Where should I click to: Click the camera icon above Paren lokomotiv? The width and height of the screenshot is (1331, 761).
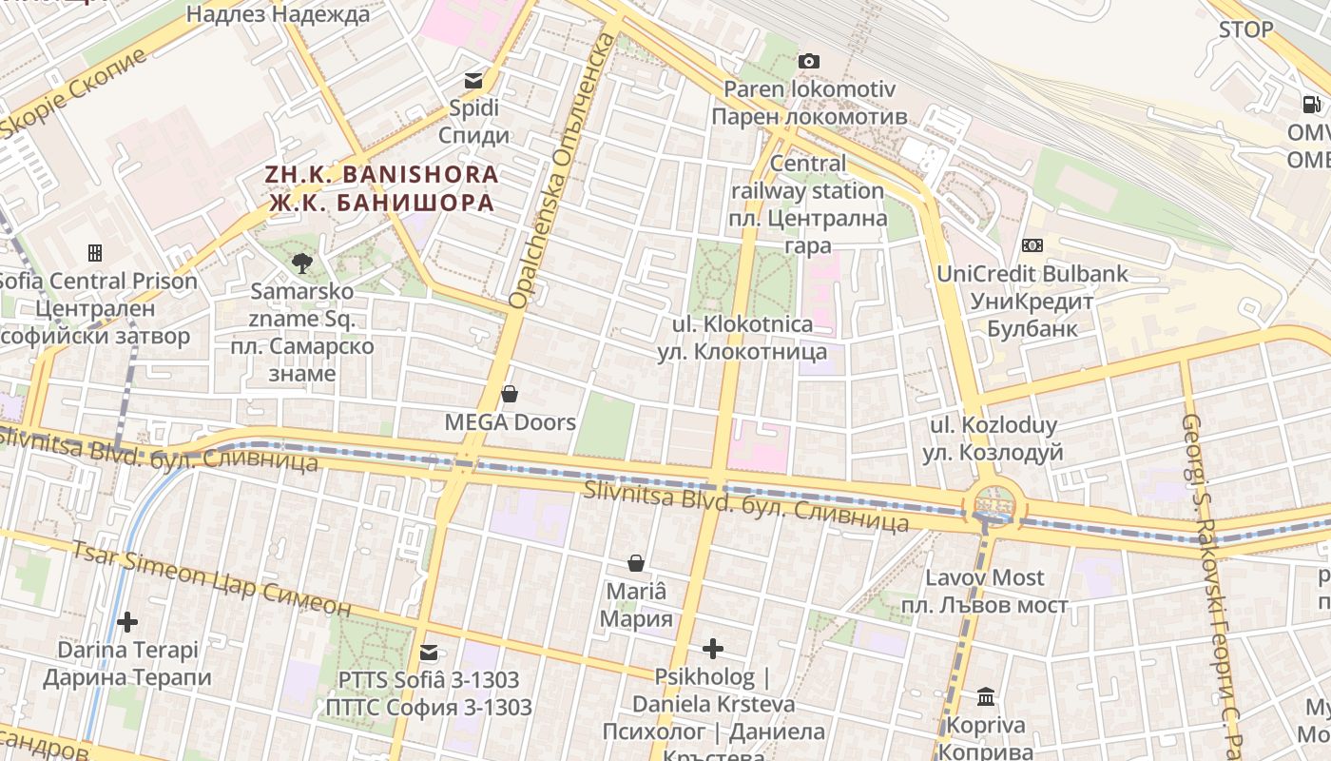click(x=808, y=62)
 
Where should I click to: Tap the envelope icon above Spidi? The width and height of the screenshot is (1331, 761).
click(x=473, y=81)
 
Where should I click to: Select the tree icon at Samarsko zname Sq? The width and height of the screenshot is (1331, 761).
click(x=302, y=263)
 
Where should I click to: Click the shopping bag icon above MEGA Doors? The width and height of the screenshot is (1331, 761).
click(x=510, y=394)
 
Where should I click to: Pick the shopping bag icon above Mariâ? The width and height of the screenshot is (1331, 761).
click(x=635, y=564)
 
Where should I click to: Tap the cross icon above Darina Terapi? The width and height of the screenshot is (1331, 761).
click(x=126, y=623)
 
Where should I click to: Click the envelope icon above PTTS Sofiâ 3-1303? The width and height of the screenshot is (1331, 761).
click(x=429, y=653)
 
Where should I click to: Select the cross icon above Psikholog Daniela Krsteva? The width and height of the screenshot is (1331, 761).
click(x=712, y=650)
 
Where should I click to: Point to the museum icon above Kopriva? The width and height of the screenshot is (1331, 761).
click(x=986, y=697)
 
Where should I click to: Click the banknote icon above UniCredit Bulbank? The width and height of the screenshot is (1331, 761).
click(x=1032, y=245)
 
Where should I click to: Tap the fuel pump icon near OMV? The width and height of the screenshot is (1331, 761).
click(x=1311, y=105)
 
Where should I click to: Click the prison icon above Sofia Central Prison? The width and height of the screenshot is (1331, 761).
click(x=95, y=253)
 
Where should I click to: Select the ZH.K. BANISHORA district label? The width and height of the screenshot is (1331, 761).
click(x=381, y=188)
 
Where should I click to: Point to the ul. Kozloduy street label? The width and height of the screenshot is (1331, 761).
click(x=993, y=439)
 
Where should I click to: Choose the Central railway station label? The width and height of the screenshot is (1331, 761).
click(x=807, y=205)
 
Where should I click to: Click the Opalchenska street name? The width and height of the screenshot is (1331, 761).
click(x=564, y=171)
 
